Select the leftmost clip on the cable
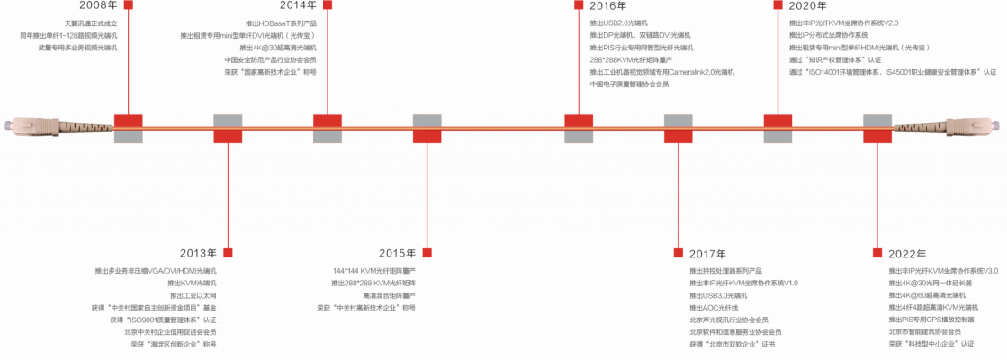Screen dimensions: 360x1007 pos(129,129)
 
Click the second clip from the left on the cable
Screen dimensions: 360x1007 pos(228,129)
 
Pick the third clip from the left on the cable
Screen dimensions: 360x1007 pos(328,129)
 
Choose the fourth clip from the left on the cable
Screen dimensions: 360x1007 pos(427,129)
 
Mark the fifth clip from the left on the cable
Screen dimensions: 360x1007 pos(579,129)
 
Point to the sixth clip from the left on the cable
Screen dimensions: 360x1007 pos(678,129)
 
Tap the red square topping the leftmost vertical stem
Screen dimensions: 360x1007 pos(129,4)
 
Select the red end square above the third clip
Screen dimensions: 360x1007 pos(328,4)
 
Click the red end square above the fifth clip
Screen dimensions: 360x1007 pos(579,4)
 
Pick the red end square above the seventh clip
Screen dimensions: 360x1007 pos(778,4)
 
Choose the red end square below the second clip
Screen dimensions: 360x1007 pos(228,253)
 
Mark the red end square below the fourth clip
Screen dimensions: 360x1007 pos(427,253)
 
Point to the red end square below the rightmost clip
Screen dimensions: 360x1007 pos(877,253)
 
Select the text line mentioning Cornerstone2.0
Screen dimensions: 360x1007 pos(661,71)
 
